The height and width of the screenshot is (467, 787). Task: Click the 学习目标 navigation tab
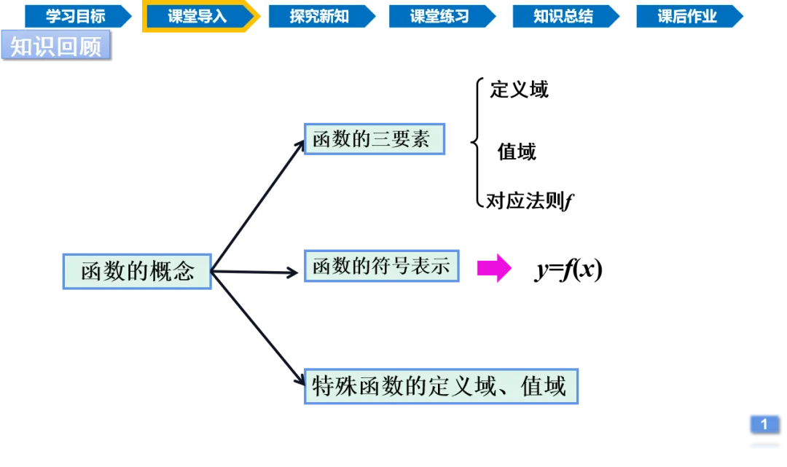pyautogui.click(x=76, y=17)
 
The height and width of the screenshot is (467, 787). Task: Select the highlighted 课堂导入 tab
pyautogui.click(x=197, y=17)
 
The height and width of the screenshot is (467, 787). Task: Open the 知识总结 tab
pyautogui.click(x=563, y=17)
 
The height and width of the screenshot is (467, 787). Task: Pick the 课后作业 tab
pyautogui.click(x=687, y=17)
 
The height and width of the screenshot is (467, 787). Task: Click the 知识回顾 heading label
pyautogui.click(x=55, y=46)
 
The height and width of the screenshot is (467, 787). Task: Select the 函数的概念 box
pyautogui.click(x=137, y=272)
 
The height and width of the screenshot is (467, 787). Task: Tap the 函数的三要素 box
pyautogui.click(x=375, y=140)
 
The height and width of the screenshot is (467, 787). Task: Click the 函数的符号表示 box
pyautogui.click(x=381, y=265)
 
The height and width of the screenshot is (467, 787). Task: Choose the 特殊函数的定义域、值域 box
pyautogui.click(x=442, y=386)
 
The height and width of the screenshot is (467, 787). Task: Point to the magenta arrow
pyautogui.click(x=494, y=268)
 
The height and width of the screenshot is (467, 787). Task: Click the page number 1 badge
pyautogui.click(x=764, y=424)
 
